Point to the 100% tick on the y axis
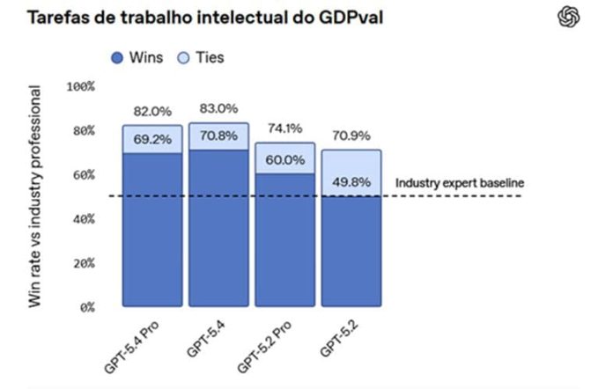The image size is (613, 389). pos(81,87)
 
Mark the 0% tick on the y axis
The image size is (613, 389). pos(85,308)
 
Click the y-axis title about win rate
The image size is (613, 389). pos(36,195)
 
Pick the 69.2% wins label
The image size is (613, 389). pos(151,139)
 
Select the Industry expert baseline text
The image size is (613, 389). pos(459,183)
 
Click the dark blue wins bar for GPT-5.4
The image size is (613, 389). pos(218,229)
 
